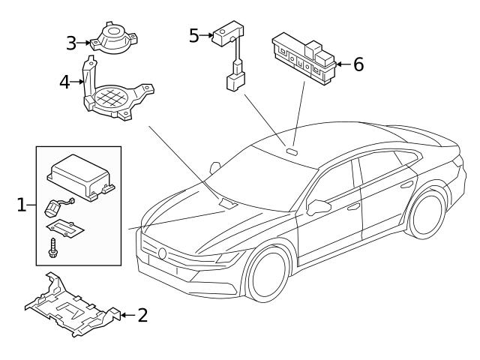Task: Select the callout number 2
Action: pos(142,314)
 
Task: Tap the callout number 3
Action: pos(72,43)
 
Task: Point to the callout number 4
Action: pos(66,81)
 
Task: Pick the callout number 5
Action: pos(193,35)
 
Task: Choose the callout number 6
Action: pos(358,64)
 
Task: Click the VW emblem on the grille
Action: pos(163,253)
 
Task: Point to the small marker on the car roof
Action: pos(291,148)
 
